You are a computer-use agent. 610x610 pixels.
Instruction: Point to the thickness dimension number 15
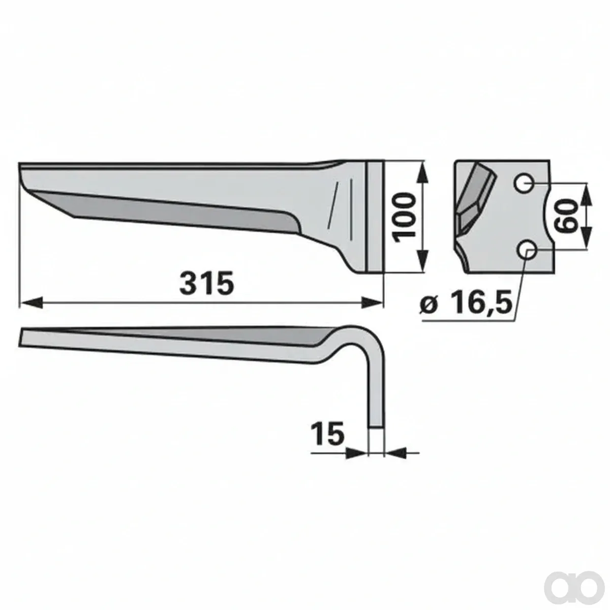[x=327, y=434]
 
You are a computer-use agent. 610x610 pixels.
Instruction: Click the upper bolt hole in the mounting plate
[x=524, y=184]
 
